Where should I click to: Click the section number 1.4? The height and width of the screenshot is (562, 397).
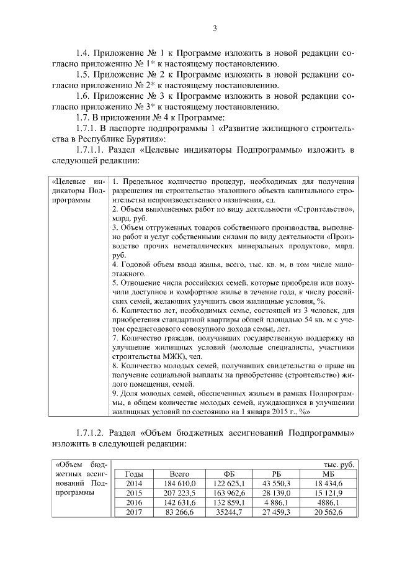[84, 53]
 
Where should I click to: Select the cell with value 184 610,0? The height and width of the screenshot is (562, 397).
[180, 483]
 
